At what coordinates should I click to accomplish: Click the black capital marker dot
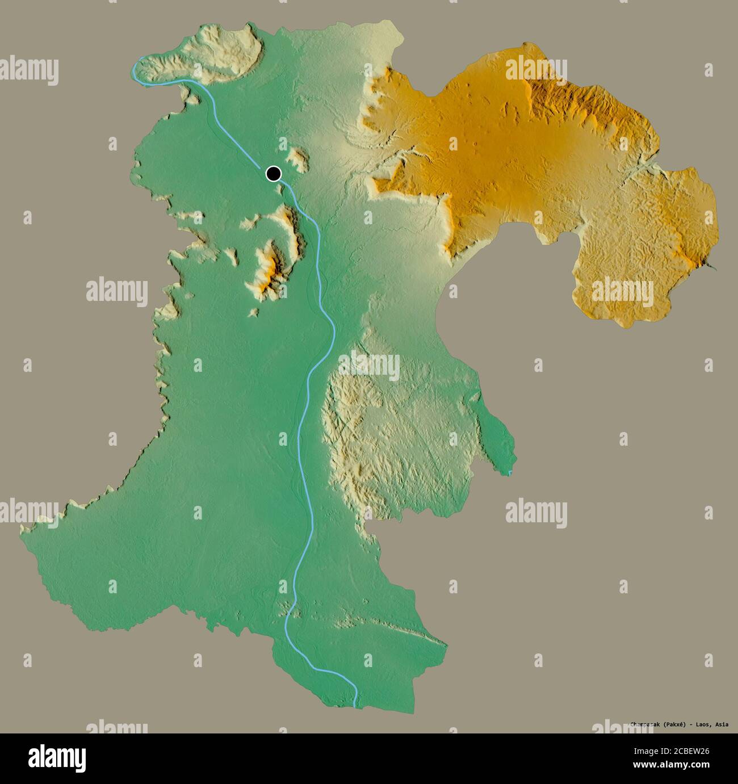[274, 173]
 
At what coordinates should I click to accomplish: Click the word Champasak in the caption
[648, 724]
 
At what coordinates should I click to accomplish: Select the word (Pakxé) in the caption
[680, 724]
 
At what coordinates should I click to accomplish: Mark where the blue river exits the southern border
[356, 705]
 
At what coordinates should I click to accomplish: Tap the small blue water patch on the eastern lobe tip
[509, 472]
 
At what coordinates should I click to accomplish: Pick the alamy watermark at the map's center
[369, 366]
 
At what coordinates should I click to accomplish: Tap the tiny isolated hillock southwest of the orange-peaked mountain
[253, 312]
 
